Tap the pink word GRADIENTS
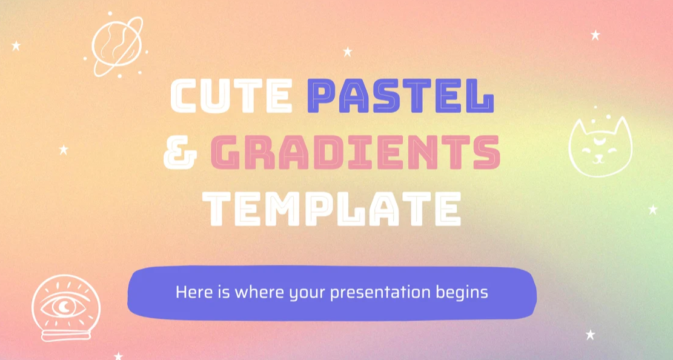click(356, 152)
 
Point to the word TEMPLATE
click(332, 208)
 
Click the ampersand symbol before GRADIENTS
click(181, 153)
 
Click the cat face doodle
click(600, 145)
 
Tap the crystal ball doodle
click(65, 308)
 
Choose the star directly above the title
click(348, 52)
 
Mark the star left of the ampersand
click(64, 150)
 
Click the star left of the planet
click(16, 45)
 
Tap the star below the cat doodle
click(653, 210)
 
